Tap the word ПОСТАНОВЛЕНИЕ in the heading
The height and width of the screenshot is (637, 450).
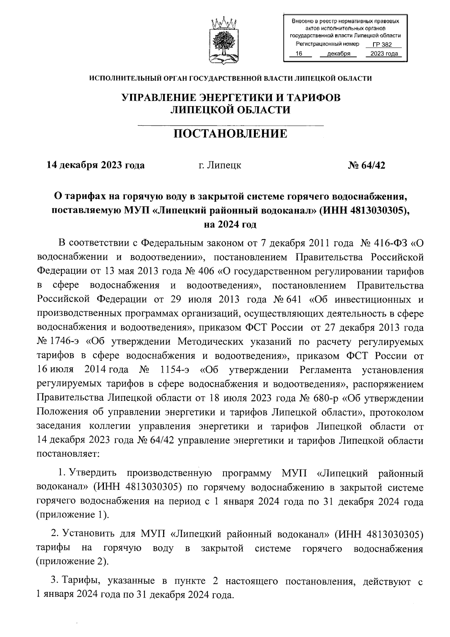click(x=230, y=133)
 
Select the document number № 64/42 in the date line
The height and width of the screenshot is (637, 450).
click(x=366, y=165)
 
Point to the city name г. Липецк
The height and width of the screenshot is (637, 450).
click(x=220, y=165)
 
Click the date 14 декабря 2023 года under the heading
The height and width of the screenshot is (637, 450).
click(x=95, y=165)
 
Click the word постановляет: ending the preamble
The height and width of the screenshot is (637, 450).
click(x=67, y=454)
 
